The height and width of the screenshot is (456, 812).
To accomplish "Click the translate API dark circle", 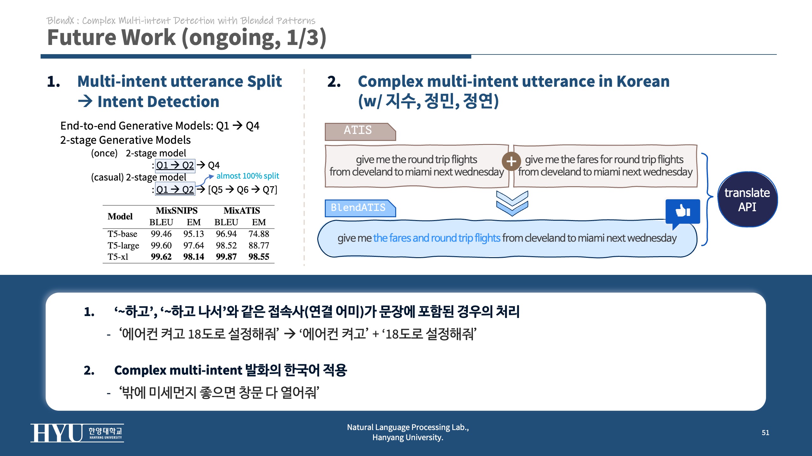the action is point(747,199).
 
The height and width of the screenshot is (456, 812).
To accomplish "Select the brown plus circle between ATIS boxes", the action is point(511,161).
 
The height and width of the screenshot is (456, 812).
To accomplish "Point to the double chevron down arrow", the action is point(512,203).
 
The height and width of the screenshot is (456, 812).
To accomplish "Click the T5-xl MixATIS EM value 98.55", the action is point(259,256).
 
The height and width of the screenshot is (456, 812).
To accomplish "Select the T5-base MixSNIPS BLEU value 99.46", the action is point(161,234).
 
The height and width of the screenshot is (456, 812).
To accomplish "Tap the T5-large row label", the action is point(123,245).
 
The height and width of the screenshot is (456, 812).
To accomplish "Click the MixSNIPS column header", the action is point(177,211).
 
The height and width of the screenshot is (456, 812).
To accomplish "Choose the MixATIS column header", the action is point(242,211).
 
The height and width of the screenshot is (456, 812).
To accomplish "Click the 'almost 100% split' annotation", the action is point(248,176).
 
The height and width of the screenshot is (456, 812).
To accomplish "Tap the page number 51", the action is point(765,433).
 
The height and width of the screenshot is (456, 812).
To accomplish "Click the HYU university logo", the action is point(77,433).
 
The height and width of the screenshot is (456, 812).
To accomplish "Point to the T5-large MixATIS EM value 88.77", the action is point(259,245).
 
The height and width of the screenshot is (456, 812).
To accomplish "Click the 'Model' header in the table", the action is point(120,217).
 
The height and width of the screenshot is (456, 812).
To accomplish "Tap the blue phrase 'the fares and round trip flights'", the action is point(436,238).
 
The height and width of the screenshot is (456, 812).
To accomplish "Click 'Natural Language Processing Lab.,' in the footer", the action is point(408,427).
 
